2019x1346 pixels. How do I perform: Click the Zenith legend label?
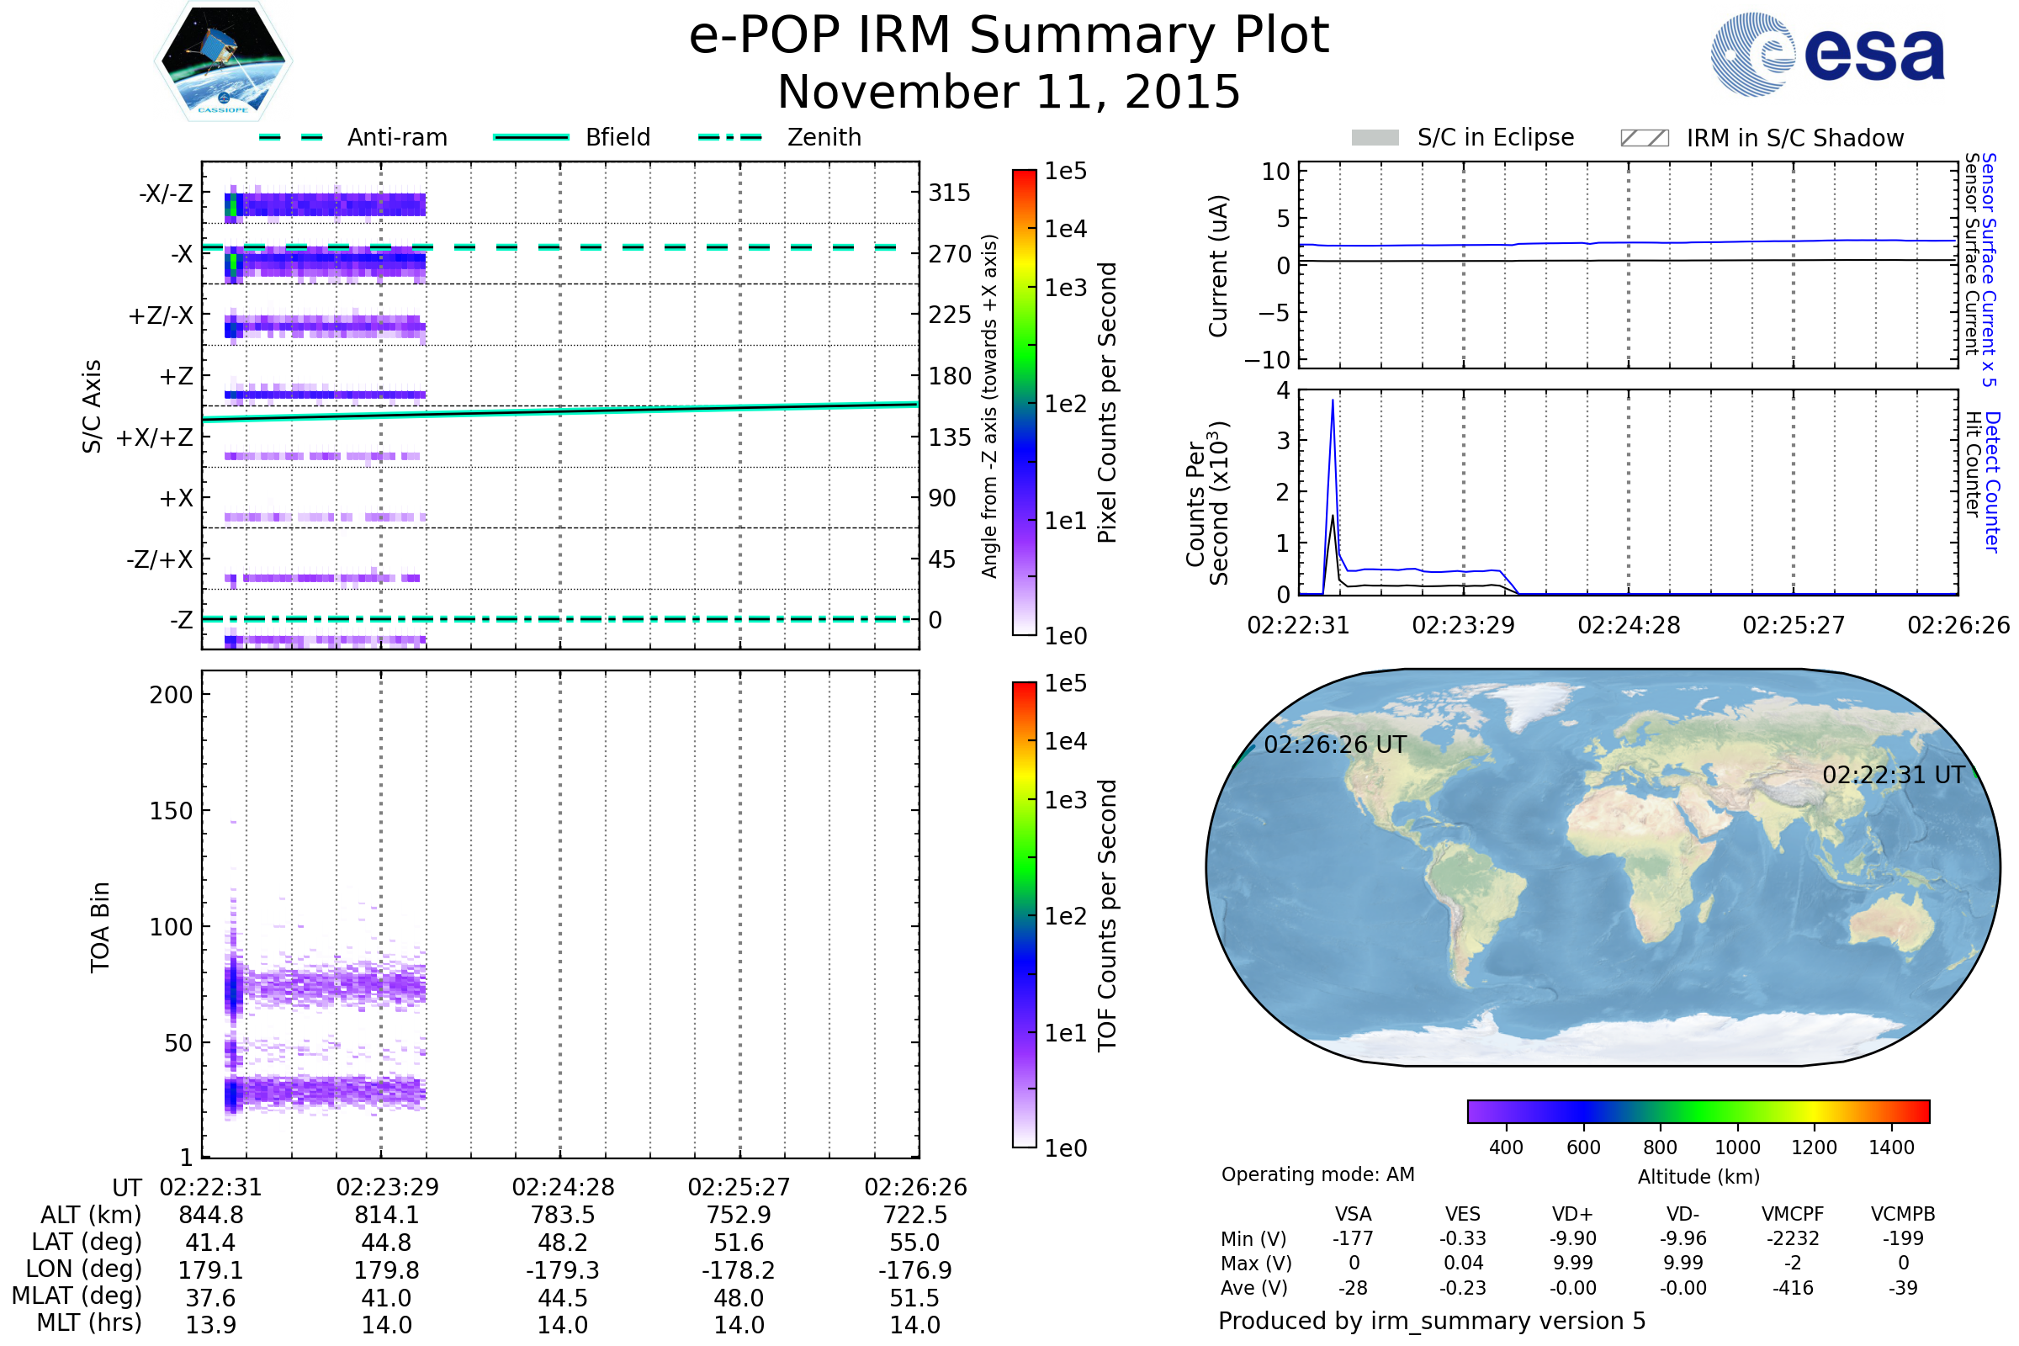click(x=824, y=137)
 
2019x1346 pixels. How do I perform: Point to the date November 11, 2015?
click(x=1009, y=92)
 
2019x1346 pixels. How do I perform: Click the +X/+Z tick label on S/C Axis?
click(x=155, y=437)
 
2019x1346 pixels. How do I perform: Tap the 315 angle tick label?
click(x=949, y=193)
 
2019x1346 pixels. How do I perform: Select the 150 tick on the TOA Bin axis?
click(x=171, y=811)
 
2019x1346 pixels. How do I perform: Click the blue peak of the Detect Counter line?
click(x=1333, y=401)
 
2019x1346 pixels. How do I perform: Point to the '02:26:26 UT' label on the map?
click(x=1335, y=745)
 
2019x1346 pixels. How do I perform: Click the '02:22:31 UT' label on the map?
click(x=1893, y=775)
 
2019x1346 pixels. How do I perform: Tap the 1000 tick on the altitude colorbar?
click(x=1736, y=1147)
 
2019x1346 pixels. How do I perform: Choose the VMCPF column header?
click(x=1793, y=1215)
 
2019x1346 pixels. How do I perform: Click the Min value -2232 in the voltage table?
click(x=1793, y=1238)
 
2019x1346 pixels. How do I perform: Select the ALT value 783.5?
click(x=562, y=1216)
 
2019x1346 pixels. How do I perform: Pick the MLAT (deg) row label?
click(x=77, y=1296)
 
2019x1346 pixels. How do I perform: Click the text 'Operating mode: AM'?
click(x=1317, y=1174)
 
